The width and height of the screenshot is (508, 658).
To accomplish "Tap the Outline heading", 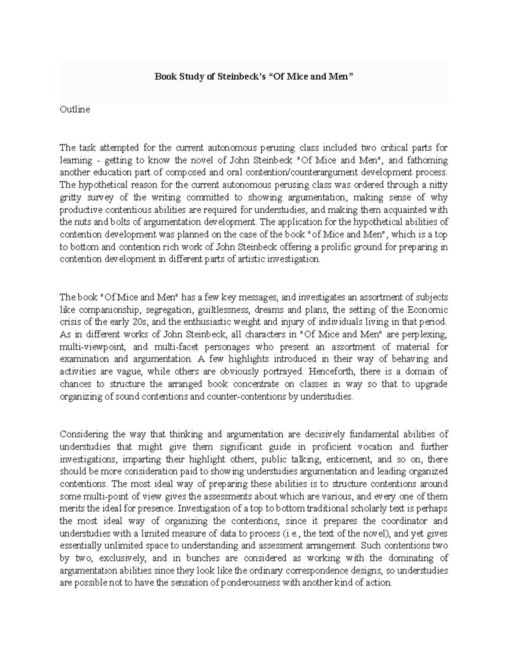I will click(75, 109).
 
